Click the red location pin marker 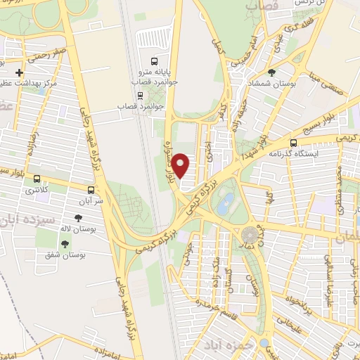(181, 166)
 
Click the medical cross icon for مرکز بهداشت (19, 72)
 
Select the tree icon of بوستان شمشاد (271, 72)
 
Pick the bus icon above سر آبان (91, 189)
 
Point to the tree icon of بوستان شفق (65, 244)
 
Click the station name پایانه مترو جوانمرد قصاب (160, 77)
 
